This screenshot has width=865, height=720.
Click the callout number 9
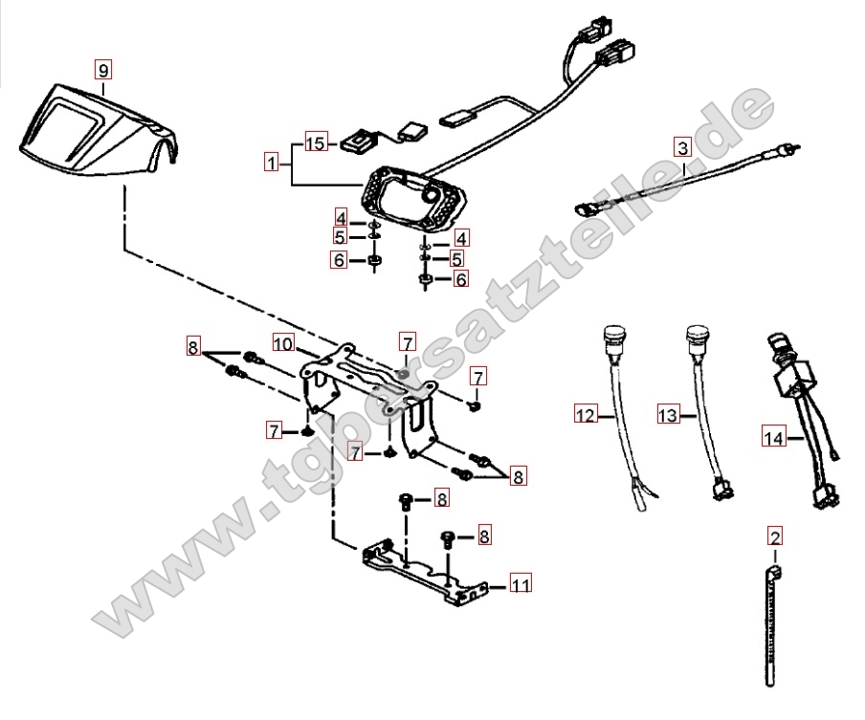pyautogui.click(x=103, y=68)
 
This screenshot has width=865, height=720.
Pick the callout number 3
pyautogui.click(x=681, y=147)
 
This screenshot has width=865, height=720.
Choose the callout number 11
pyautogui.click(x=521, y=583)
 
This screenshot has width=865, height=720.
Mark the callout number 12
pyautogui.click(x=585, y=415)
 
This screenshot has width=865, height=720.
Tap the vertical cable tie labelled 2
pyautogui.click(x=771, y=626)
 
